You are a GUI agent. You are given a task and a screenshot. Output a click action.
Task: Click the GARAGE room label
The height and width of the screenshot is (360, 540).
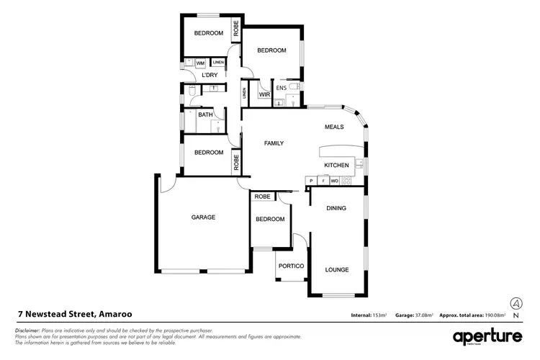[x=203, y=217]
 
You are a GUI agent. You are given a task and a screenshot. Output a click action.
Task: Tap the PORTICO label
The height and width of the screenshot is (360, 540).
[x=292, y=266]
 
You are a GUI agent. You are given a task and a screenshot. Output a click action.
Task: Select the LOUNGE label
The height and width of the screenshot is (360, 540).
[x=337, y=270]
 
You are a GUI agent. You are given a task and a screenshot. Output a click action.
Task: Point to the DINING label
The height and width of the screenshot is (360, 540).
[x=336, y=208]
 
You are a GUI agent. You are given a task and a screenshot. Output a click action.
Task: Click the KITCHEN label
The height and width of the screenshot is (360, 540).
[x=336, y=166]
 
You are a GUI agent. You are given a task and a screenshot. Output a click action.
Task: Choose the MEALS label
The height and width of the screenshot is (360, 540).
[x=333, y=127]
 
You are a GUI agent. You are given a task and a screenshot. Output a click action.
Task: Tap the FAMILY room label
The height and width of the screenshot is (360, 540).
[x=274, y=143]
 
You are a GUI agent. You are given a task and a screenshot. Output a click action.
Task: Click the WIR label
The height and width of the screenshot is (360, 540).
[x=264, y=93]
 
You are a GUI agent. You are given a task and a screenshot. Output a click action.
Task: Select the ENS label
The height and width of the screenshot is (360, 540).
[x=282, y=89]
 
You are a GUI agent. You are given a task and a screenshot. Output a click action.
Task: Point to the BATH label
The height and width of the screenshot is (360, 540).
[x=205, y=114]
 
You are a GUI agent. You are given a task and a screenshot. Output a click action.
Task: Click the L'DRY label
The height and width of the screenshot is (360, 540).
[x=210, y=75]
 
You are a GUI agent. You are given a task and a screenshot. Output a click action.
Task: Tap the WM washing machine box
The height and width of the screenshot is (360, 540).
[x=200, y=63]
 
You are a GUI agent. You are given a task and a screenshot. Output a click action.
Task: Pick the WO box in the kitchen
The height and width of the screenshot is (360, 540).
[x=334, y=181]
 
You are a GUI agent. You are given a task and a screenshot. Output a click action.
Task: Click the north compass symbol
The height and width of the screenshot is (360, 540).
[x=516, y=303]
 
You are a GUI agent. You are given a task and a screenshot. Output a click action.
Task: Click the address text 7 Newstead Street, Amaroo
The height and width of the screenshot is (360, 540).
[x=75, y=315]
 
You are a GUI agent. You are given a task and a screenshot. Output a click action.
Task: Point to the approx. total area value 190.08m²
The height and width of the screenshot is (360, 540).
[x=495, y=315]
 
